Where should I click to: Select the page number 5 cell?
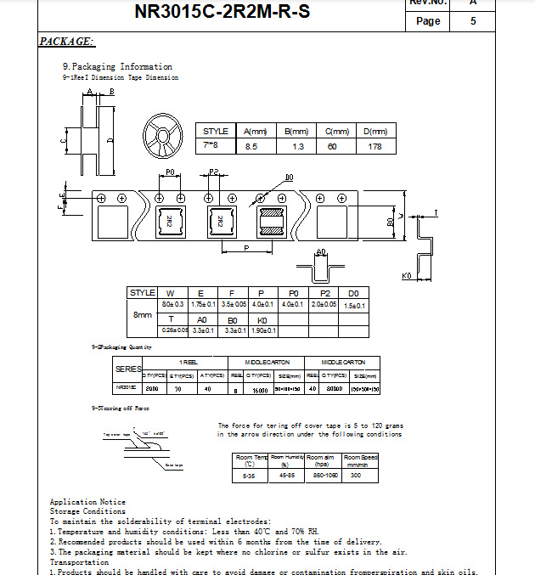[473, 21]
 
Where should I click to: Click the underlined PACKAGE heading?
[66, 42]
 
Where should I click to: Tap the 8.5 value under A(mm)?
[251, 147]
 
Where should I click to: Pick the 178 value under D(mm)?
[374, 147]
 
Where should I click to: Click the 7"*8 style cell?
[211, 146]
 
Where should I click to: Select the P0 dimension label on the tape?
[170, 172]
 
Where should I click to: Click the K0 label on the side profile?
[406, 276]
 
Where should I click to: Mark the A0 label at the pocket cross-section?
[320, 252]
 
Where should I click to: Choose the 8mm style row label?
[142, 313]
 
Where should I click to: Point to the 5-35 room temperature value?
[250, 476]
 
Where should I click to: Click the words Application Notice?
[87, 502]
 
